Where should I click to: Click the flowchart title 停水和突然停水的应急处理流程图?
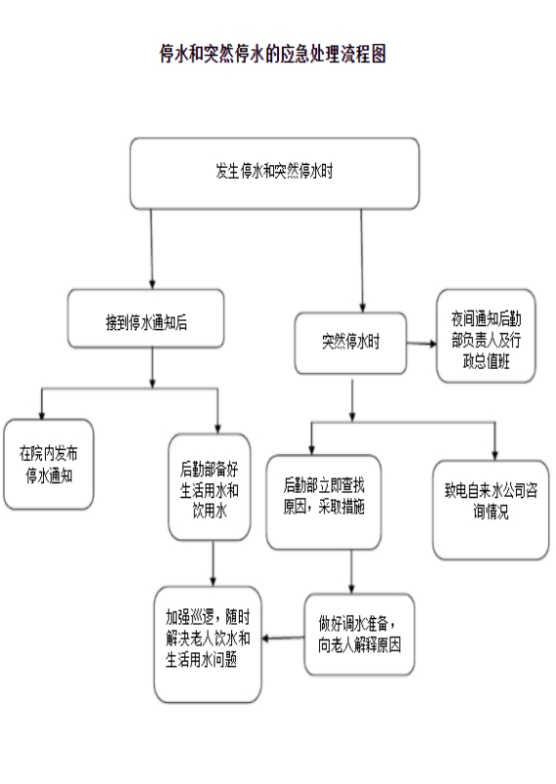coord(273,54)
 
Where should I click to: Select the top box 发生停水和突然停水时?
coord(274,173)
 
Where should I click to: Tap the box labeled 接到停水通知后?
coord(146,318)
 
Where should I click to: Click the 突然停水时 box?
coord(351,343)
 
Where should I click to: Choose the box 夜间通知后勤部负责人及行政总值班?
coord(486,336)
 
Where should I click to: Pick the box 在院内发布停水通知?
coord(49,464)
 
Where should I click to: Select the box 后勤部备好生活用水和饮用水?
coord(210,487)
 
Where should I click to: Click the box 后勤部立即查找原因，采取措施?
coord(324,502)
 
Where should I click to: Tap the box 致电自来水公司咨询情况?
coord(491,510)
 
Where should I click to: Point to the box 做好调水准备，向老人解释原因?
coord(359,635)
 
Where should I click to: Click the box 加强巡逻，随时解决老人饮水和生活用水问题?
coord(208,644)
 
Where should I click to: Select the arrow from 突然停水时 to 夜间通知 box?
coord(421,344)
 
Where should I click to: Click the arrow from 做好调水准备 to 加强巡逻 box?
coord(283,638)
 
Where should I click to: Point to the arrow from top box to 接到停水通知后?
coord(152,249)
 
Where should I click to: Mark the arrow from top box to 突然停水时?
coord(362,261)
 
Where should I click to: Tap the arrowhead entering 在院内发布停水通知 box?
coord(42,415)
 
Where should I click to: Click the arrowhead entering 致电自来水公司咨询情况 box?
coord(495,456)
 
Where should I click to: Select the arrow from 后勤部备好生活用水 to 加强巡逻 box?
coord(213,563)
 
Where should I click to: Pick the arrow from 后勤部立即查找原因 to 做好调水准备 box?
coord(352,572)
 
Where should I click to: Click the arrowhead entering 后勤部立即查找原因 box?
coord(312,450)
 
